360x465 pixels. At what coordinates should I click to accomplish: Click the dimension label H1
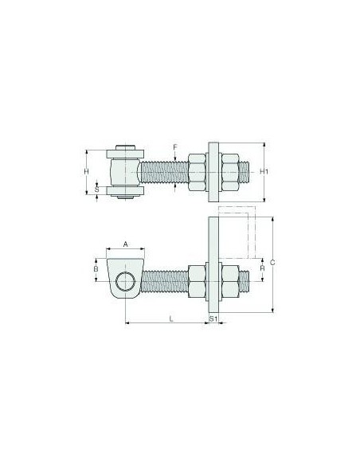point(264,171)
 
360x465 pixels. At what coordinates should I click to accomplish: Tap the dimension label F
point(175,147)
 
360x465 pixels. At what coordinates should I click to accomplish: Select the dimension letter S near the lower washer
point(96,189)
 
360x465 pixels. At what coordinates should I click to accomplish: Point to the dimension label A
point(125,244)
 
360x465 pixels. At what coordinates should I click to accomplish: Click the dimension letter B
point(96,269)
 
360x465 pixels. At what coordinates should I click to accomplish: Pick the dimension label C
point(272,263)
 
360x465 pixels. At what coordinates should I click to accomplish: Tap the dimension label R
point(262,268)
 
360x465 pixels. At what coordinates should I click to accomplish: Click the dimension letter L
point(170,318)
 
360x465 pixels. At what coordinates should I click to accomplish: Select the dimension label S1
point(213,318)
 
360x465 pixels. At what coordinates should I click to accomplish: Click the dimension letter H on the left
point(86,171)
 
